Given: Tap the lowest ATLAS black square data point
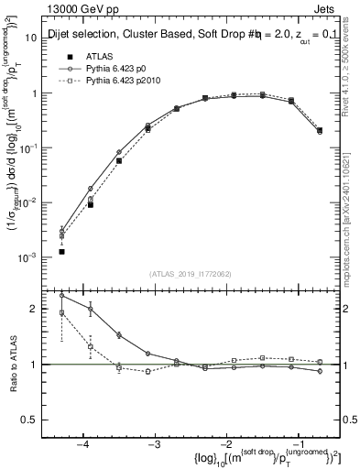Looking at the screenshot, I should coord(61,251).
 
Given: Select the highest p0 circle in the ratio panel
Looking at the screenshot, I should coord(61,295).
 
